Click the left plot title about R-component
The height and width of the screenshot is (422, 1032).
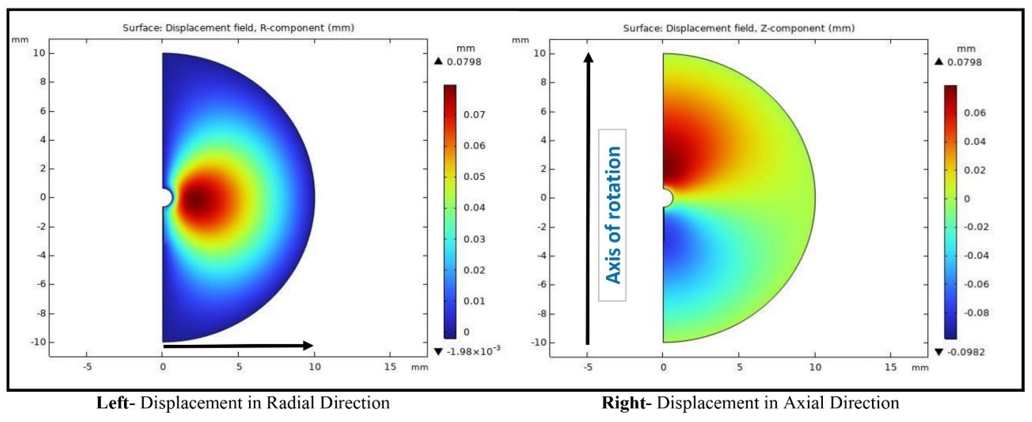point(238,28)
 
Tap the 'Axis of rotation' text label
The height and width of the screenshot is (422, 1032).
point(613,215)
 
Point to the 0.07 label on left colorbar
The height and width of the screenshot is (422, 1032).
point(474,115)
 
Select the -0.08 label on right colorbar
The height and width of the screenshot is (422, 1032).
point(976,313)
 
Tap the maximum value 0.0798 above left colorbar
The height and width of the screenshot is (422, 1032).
point(464,62)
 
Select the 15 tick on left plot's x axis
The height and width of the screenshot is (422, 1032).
point(390,367)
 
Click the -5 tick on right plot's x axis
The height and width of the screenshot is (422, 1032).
point(587,367)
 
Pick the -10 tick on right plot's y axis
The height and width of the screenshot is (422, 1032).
point(538,343)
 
